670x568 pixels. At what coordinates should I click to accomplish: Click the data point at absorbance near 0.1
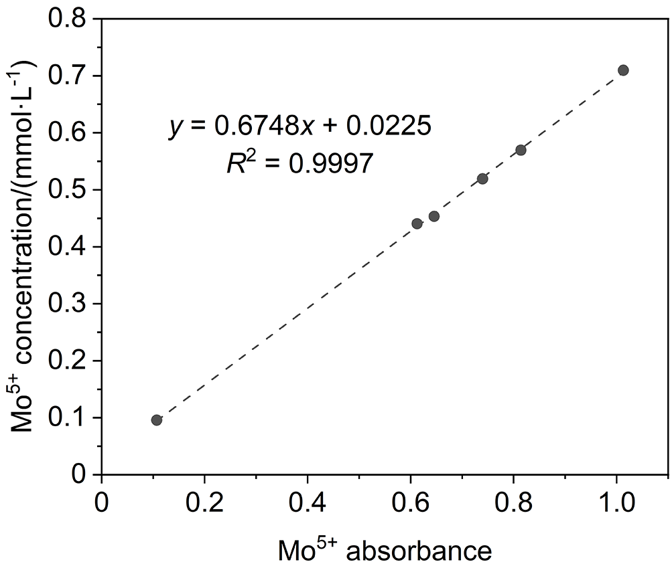157,420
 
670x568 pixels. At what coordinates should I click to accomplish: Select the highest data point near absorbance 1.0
623,70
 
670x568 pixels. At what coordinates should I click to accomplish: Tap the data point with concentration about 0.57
521,150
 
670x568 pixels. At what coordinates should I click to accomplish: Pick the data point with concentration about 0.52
482,179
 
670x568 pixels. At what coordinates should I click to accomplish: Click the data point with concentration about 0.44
417,223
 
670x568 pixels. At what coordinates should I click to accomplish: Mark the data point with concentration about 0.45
434,216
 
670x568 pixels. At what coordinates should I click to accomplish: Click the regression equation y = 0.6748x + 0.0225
299,127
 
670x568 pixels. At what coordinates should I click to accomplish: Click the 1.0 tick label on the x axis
616,502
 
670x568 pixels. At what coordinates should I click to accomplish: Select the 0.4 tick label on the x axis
307,502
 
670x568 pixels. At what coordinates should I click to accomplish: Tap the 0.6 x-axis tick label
410,502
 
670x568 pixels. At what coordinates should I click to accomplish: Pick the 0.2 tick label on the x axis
204,502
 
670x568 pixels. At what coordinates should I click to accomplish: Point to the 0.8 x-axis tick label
513,502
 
